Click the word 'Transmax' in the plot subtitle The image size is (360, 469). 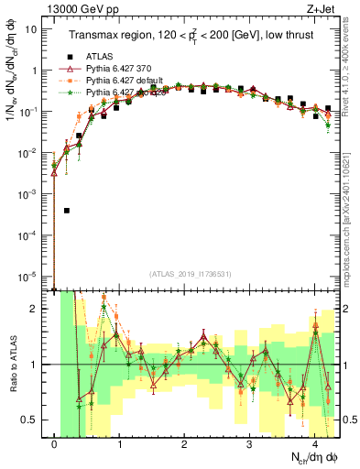pos(95,36)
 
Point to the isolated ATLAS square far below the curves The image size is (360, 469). pos(67,210)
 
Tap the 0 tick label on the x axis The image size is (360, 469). pos(55,444)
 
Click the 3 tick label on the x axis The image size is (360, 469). pos(250,444)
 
